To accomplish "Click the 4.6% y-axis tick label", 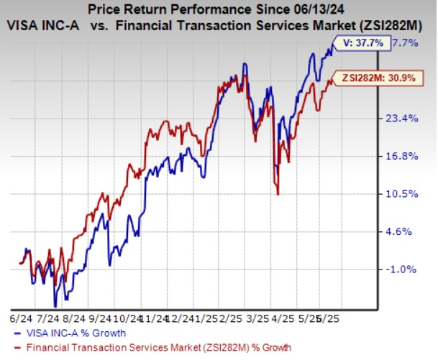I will point(408,231).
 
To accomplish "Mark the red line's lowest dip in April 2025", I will point(278,193).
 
